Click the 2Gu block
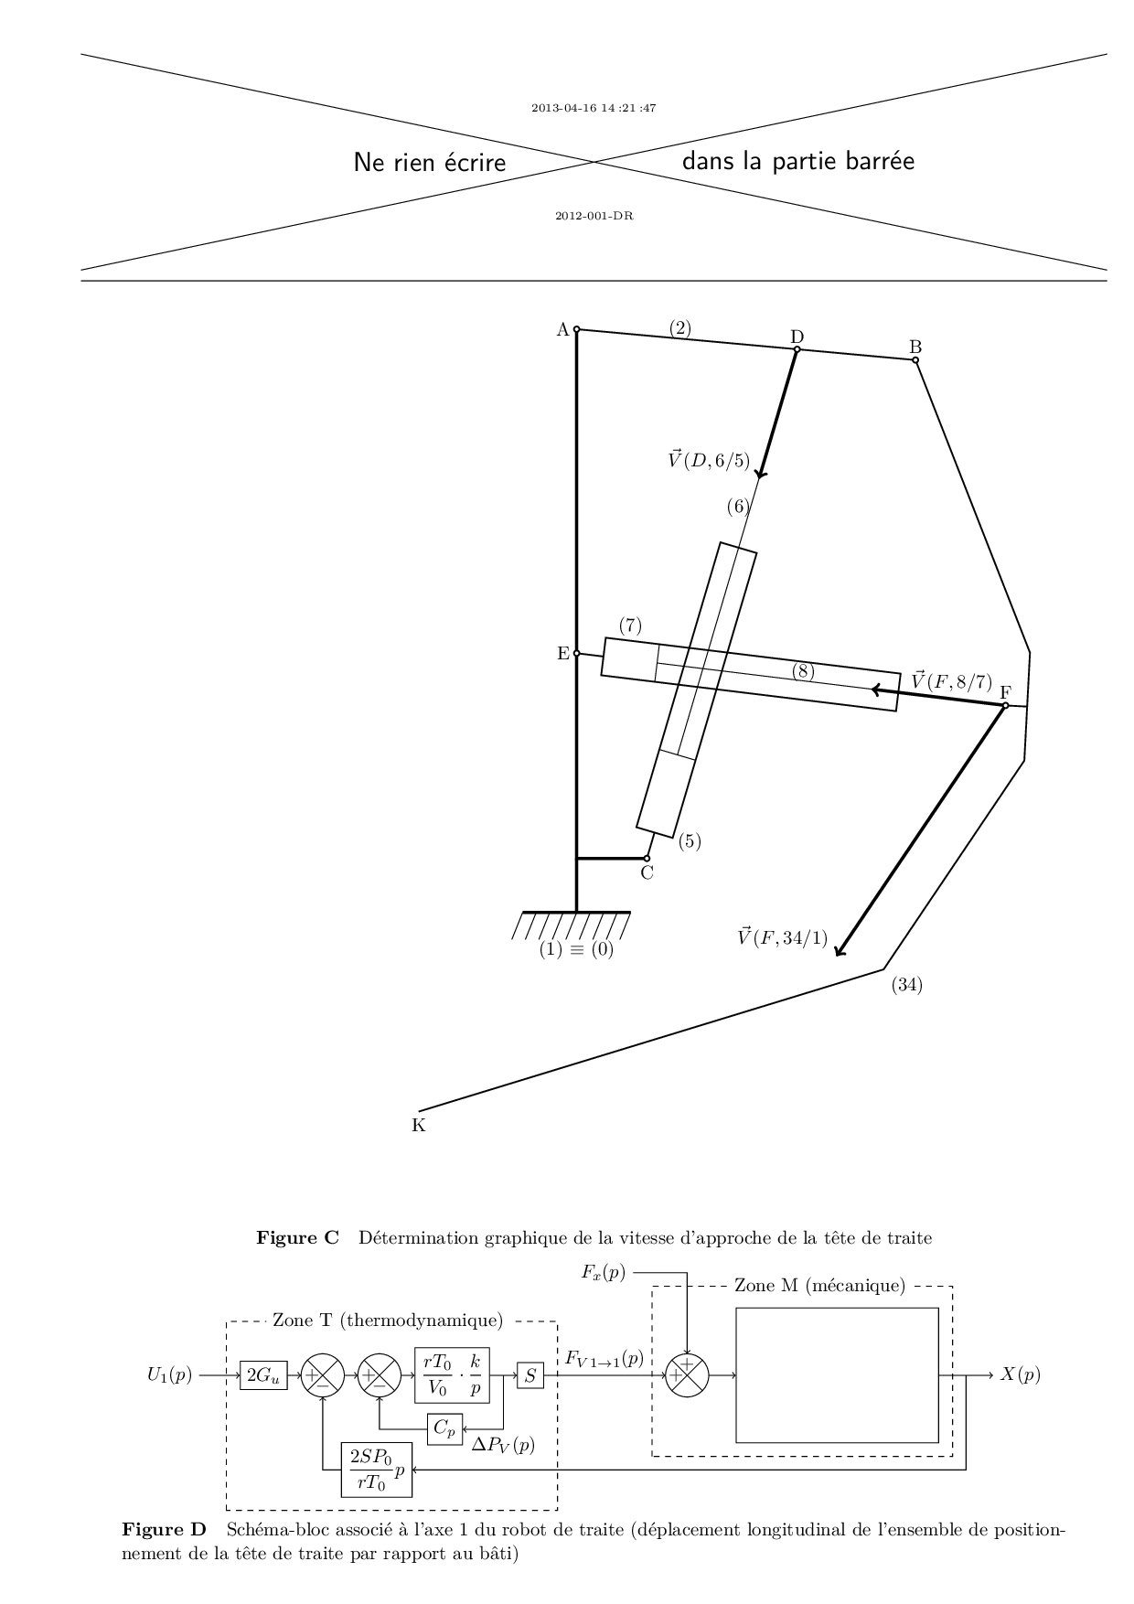coord(263,1374)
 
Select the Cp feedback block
coord(444,1428)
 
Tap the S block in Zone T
coord(530,1374)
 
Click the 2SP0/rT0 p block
coord(377,1470)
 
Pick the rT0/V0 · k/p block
coord(452,1374)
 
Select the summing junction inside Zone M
coord(688,1374)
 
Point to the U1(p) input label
coord(170,1374)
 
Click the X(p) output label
coord(1021,1374)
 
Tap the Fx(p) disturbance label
coord(604,1272)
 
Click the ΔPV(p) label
coord(503,1446)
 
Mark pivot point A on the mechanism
coord(576,329)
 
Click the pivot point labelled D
coord(797,349)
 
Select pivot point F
coord(1005,705)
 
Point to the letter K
coord(418,1126)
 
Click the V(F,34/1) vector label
coord(783,936)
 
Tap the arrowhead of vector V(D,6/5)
coord(759,474)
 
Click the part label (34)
coord(906,985)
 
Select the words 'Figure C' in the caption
coord(297,1238)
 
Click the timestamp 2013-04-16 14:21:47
coord(594,108)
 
